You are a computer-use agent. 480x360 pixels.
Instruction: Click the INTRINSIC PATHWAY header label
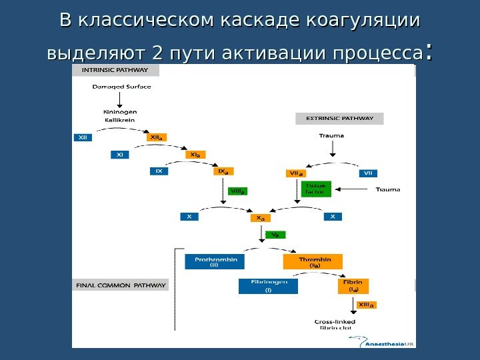point(116,70)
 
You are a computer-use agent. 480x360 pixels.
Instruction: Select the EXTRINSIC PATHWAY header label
point(339,119)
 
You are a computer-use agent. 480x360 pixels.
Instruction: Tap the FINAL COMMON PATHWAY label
point(120,285)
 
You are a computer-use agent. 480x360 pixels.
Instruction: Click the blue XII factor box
point(83,137)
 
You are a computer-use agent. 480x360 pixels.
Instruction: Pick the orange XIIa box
point(157,137)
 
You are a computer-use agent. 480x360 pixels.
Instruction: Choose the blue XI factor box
point(120,155)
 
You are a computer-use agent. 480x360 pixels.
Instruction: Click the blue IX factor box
point(159,171)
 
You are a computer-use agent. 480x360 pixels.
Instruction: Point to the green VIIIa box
point(237,191)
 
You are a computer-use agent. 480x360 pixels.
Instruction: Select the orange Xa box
point(257,218)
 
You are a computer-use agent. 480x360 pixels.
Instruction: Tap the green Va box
point(276,235)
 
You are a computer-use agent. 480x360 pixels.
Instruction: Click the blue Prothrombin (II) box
point(215,261)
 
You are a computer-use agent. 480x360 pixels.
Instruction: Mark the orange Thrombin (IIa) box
point(313,261)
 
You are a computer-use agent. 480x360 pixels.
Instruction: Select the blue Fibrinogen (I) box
point(268,286)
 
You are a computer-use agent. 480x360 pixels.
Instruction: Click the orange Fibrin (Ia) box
point(353,286)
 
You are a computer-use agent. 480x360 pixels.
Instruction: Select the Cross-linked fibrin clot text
point(335,325)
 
